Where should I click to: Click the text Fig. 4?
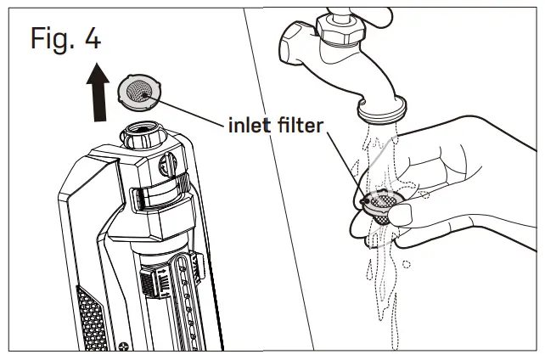point(64,41)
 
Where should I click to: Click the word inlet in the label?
point(252,127)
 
